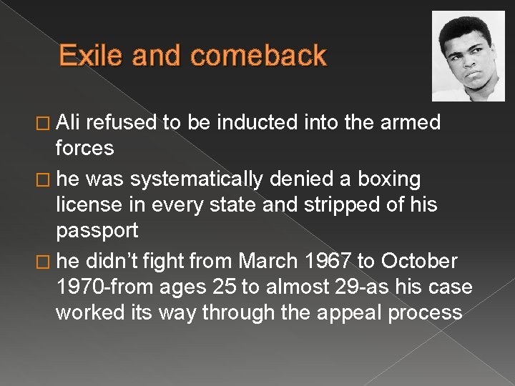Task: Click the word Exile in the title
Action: click(x=86, y=56)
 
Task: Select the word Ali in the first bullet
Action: click(x=70, y=123)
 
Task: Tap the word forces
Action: click(x=84, y=148)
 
